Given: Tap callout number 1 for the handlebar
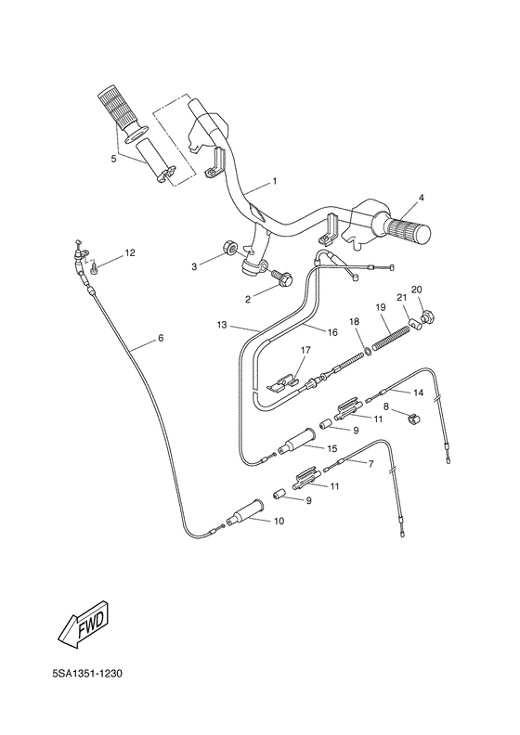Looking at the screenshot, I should pyautogui.click(x=249, y=179).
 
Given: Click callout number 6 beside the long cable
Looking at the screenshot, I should pyautogui.click(x=160, y=338).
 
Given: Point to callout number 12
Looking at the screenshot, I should pyautogui.click(x=130, y=252).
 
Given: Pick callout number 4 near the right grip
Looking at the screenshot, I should pyautogui.click(x=421, y=198).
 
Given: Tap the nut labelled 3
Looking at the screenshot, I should pyautogui.click(x=227, y=251).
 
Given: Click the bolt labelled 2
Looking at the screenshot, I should pyautogui.click(x=279, y=276).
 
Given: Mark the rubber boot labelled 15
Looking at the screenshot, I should pyautogui.click(x=297, y=451).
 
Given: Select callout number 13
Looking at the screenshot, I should pyautogui.click(x=222, y=326).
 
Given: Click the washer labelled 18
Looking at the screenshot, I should pyautogui.click(x=370, y=350).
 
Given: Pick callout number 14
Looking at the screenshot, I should pyautogui.click(x=419, y=393).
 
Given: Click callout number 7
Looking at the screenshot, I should pyautogui.click(x=370, y=462).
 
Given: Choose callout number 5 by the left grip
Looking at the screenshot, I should pyautogui.click(x=114, y=159).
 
